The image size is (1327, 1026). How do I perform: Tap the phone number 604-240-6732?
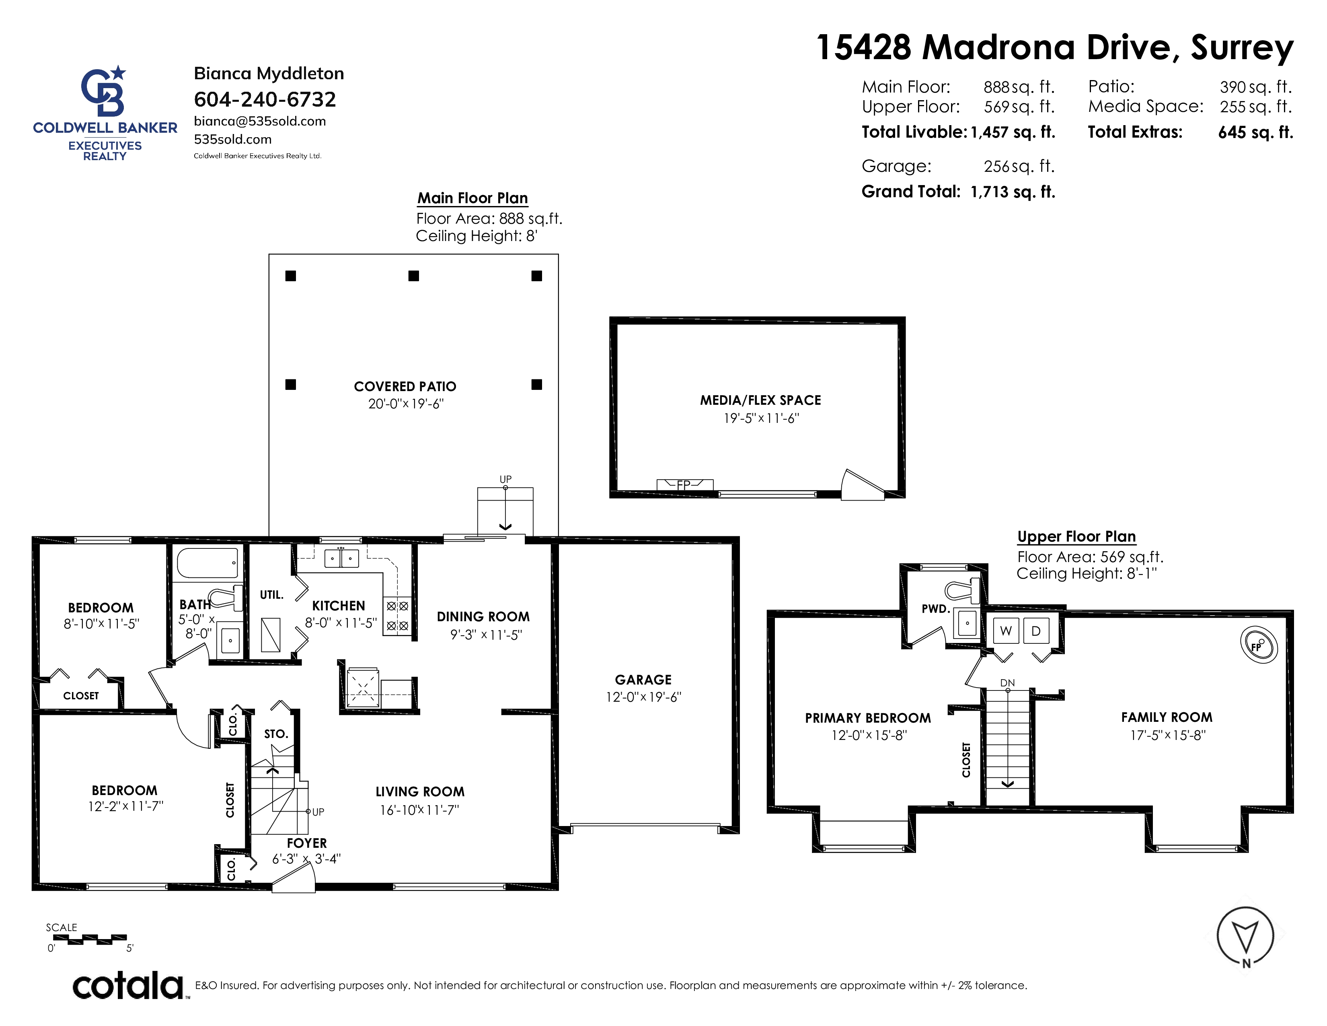265,99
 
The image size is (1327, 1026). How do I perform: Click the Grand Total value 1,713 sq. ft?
1013,192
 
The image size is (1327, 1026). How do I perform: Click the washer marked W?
1006,631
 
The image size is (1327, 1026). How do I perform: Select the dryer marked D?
1036,631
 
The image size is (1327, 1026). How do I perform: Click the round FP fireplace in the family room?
1258,645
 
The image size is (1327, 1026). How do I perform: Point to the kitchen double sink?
341,557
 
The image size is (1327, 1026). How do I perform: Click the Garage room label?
643,680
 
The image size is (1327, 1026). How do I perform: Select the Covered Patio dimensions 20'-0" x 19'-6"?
406,404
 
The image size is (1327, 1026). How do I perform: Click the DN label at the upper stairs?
1007,682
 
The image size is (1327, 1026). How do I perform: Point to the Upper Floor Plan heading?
1076,537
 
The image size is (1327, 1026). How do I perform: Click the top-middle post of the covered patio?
414,276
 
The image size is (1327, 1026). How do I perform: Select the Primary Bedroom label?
868,718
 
